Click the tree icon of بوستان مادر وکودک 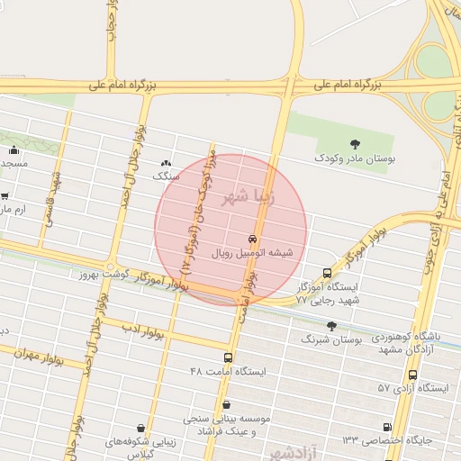point(357,143)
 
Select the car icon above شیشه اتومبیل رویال point(253,240)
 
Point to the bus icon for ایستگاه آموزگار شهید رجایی point(327,273)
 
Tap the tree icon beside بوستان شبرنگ point(331,326)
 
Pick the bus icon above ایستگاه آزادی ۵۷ point(412,375)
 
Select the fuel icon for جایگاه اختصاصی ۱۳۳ point(386,428)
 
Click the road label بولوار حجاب point(111,27)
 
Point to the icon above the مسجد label point(14,149)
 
